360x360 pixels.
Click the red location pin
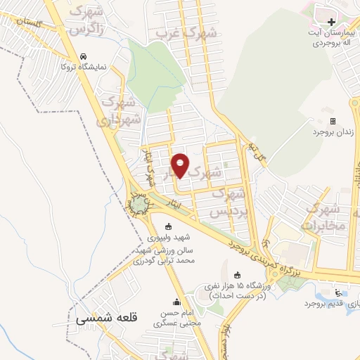(181, 165)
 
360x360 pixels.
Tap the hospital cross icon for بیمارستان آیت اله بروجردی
(332, 14)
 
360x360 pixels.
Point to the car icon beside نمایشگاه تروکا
(84, 56)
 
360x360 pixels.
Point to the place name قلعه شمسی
(105, 319)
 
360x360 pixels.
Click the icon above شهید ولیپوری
(167, 226)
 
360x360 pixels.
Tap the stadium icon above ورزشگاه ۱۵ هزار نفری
(236, 275)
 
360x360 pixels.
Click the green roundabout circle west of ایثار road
(140, 203)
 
